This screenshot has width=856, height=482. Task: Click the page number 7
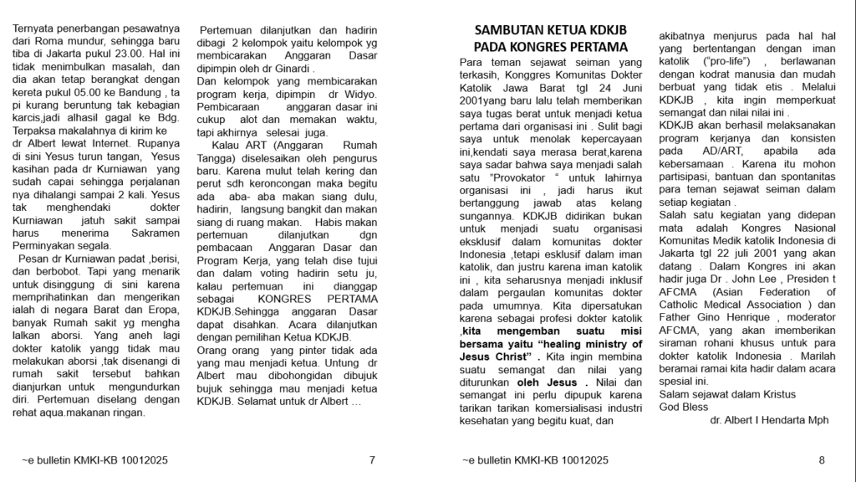pos(372,459)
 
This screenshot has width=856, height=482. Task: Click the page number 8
pos(822,459)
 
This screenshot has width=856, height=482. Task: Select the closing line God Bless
pos(684,407)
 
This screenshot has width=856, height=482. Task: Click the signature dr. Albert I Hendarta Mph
pos(769,420)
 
